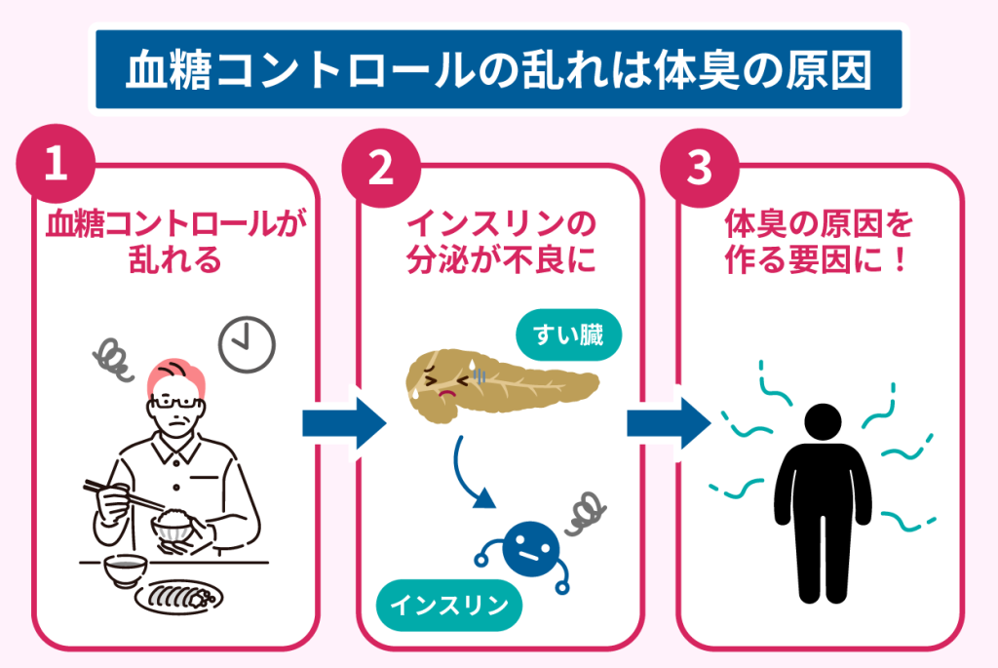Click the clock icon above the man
coord(248,345)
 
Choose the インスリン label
coord(449,606)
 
